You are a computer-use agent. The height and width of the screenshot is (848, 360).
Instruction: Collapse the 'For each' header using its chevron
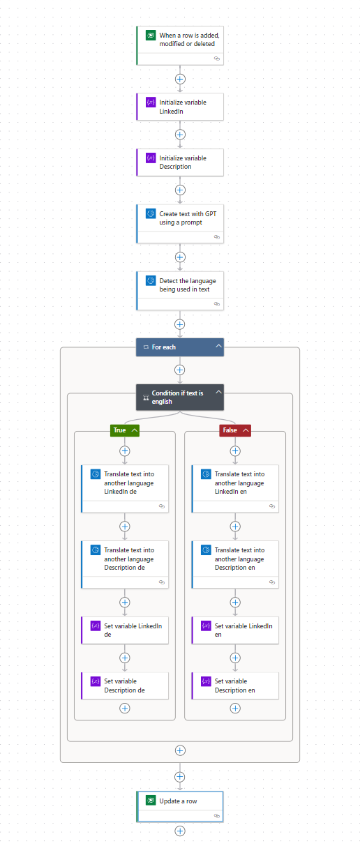[x=218, y=347]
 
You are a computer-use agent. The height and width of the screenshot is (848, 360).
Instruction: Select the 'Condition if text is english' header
[x=174, y=397]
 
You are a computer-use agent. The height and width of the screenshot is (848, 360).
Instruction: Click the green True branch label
[x=120, y=430]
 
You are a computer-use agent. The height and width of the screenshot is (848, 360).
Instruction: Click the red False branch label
[x=230, y=430]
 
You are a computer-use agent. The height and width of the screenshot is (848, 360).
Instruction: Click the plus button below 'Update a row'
[x=180, y=831]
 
